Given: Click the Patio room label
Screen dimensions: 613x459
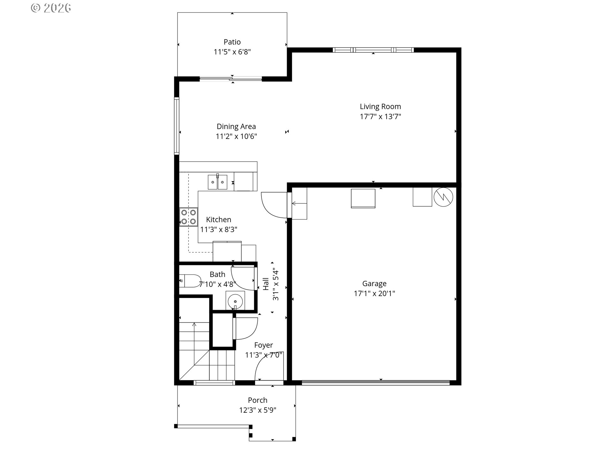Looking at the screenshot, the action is pyautogui.click(x=232, y=42).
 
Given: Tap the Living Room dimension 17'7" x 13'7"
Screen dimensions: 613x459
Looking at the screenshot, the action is pyautogui.click(x=380, y=116).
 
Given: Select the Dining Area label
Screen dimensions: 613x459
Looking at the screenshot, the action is pyautogui.click(x=236, y=127).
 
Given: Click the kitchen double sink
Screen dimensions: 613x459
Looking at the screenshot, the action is pyautogui.click(x=218, y=182).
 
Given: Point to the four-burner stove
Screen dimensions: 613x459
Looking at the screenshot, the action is pyautogui.click(x=189, y=217).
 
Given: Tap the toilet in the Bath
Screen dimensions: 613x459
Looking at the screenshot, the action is pyautogui.click(x=190, y=281).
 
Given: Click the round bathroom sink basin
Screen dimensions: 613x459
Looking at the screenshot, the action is pyautogui.click(x=235, y=301).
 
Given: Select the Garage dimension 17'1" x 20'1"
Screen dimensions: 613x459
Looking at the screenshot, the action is pyautogui.click(x=375, y=293).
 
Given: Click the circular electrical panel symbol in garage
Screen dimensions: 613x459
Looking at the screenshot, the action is pyautogui.click(x=443, y=197).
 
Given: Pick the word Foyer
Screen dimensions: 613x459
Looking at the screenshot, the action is pyautogui.click(x=264, y=345).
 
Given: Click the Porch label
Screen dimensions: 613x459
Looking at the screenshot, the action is pyautogui.click(x=258, y=400).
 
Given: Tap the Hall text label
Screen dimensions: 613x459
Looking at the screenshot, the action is pyautogui.click(x=266, y=284).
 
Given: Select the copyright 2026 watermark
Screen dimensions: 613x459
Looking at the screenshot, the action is pyautogui.click(x=51, y=8).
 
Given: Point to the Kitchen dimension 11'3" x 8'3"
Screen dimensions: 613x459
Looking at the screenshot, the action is pyautogui.click(x=219, y=229).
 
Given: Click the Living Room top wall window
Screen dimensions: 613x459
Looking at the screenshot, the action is pyautogui.click(x=373, y=50).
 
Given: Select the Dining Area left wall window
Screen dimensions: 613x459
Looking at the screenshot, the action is pyautogui.click(x=177, y=126).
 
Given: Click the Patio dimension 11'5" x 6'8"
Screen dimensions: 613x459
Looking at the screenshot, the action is pyautogui.click(x=232, y=52).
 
